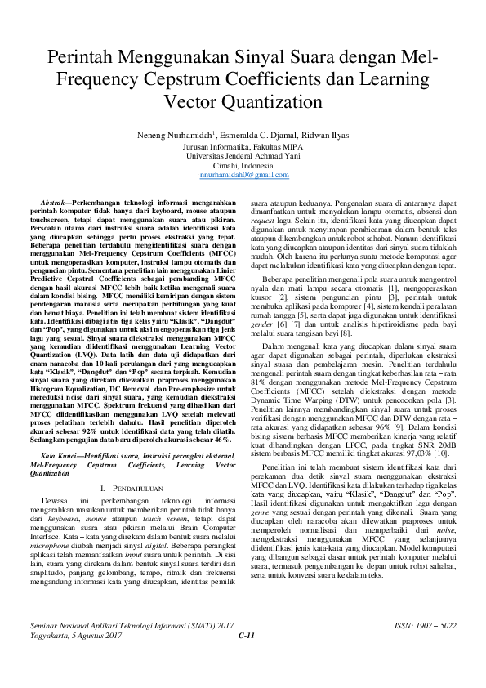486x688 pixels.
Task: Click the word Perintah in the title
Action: [80, 58]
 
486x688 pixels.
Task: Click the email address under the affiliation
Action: [243, 175]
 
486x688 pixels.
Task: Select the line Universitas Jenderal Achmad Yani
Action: [243, 155]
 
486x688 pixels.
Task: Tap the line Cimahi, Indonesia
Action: [243, 165]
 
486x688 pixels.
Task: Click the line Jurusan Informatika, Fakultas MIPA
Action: [243, 145]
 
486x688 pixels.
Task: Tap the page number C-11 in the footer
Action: [247, 659]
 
